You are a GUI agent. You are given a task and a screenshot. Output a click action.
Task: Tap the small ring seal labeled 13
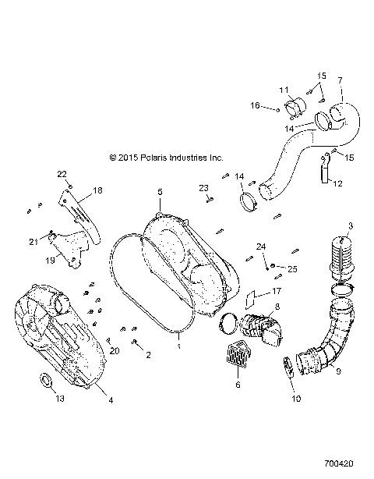point(46,381)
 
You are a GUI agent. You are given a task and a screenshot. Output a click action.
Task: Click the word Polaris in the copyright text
point(160,157)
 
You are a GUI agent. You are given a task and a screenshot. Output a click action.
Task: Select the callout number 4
point(110,400)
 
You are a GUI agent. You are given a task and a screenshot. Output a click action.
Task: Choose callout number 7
point(340,81)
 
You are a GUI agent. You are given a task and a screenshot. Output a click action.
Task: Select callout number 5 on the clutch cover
point(159,191)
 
